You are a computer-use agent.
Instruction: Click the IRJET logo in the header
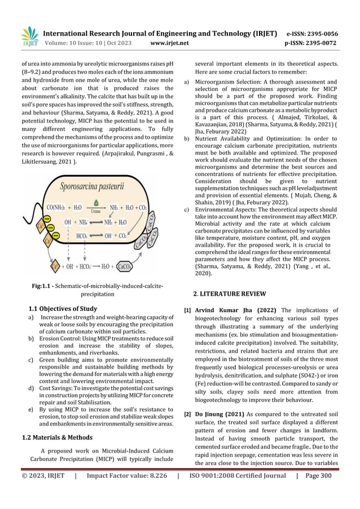click(29, 36)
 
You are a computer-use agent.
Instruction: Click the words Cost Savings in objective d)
click(50, 389)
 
